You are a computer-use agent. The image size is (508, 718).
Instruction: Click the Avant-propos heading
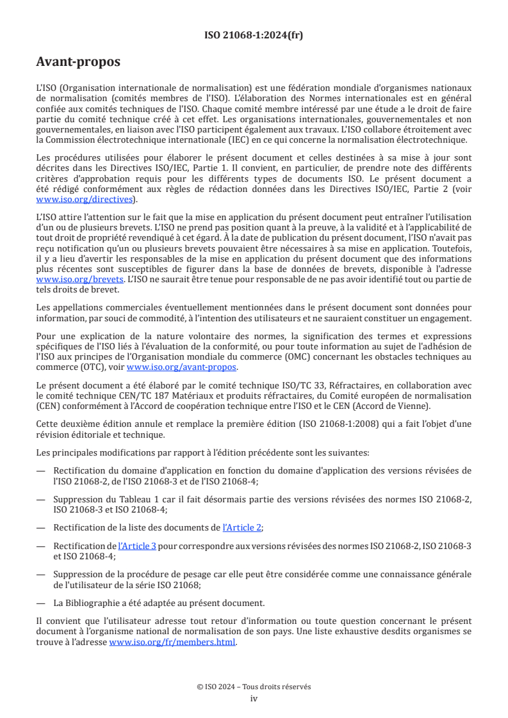click(78, 62)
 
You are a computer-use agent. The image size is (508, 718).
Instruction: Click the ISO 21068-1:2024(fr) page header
click(254, 35)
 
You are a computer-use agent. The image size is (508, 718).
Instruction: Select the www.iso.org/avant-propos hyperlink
click(182, 367)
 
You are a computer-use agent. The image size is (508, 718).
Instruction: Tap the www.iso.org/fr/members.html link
click(172, 642)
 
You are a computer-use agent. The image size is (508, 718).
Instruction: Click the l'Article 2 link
click(242, 527)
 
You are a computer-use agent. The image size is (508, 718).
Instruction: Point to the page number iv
click(254, 698)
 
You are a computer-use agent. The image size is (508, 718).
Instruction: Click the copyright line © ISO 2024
click(254, 687)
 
